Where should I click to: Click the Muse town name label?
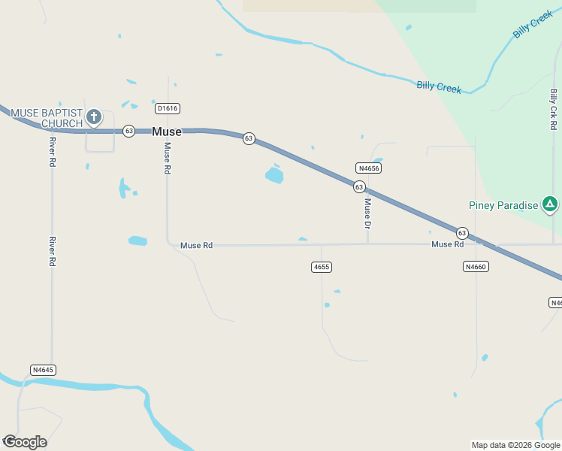[x=166, y=132]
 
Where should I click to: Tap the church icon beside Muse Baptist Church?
[x=93, y=116]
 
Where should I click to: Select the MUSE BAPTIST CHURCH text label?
[x=46, y=118]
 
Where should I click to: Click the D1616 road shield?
[x=167, y=108]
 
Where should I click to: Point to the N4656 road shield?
[x=368, y=168]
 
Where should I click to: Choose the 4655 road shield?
[x=321, y=267]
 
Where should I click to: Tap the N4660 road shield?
[x=476, y=267]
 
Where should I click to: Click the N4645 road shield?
[x=44, y=370]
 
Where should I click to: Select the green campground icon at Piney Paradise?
[x=550, y=204]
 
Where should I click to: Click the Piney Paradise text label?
[x=503, y=205]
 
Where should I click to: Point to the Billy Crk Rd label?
[x=554, y=109]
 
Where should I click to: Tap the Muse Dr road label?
[x=367, y=213]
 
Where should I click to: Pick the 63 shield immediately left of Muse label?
[x=129, y=131]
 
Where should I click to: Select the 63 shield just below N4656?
[x=359, y=186]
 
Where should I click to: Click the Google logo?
[x=25, y=442]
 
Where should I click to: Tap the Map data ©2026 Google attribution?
[x=515, y=445]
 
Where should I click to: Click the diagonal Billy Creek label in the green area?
[x=532, y=25]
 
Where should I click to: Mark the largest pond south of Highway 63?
[x=274, y=176]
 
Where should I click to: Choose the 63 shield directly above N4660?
[x=462, y=233]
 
